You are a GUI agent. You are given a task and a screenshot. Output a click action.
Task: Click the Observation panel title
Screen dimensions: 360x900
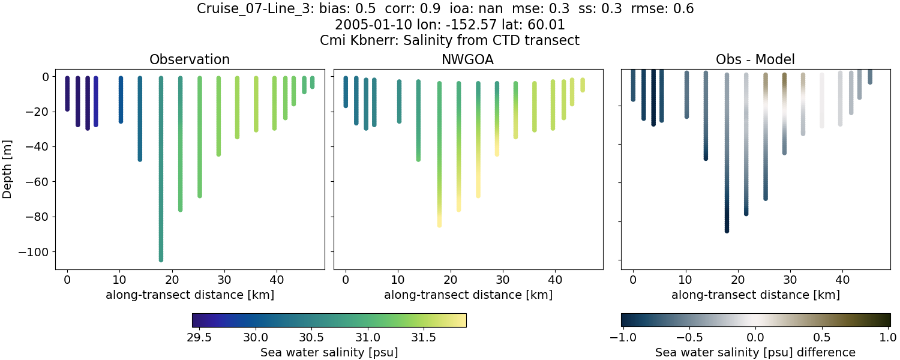coord(190,59)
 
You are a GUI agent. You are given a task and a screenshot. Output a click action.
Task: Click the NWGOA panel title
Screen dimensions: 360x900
coord(468,59)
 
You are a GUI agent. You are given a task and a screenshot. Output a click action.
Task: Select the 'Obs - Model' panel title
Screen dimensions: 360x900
coord(755,59)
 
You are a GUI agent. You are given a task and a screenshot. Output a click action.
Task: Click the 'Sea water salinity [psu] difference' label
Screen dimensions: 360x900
coord(755,352)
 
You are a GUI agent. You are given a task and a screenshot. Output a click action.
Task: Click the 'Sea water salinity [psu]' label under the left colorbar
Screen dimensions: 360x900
coord(329,352)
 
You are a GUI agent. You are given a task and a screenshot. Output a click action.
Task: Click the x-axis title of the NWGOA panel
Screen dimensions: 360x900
coord(468,295)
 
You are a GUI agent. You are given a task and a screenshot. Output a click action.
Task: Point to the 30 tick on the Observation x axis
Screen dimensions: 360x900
coord(224,279)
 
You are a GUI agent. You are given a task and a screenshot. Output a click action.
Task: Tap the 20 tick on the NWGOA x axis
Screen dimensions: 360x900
coord(450,279)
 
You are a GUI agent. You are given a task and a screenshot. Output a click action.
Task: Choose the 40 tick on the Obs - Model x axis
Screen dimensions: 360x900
coord(842,279)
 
